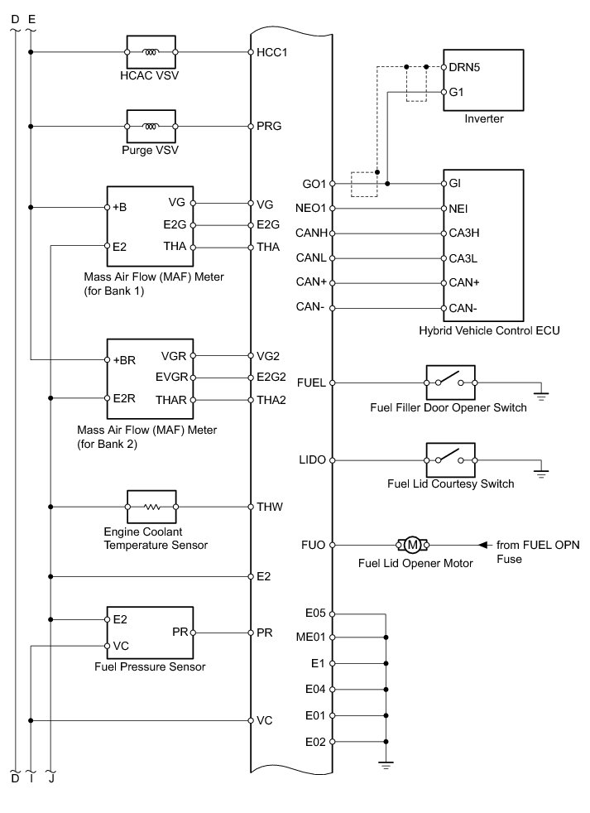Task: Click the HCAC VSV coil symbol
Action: click(151, 52)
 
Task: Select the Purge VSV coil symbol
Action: click(151, 127)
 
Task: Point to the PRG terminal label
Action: click(269, 127)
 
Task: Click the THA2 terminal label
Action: click(271, 400)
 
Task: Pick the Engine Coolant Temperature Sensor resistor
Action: click(151, 506)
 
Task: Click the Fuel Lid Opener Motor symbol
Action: click(411, 545)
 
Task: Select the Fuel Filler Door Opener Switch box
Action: click(450, 382)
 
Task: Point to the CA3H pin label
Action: click(464, 233)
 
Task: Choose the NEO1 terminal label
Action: click(314, 209)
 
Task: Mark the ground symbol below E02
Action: click(386, 765)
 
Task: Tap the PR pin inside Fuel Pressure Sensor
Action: click(179, 633)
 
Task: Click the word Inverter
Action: click(484, 119)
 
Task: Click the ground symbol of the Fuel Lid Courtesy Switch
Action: click(542, 474)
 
